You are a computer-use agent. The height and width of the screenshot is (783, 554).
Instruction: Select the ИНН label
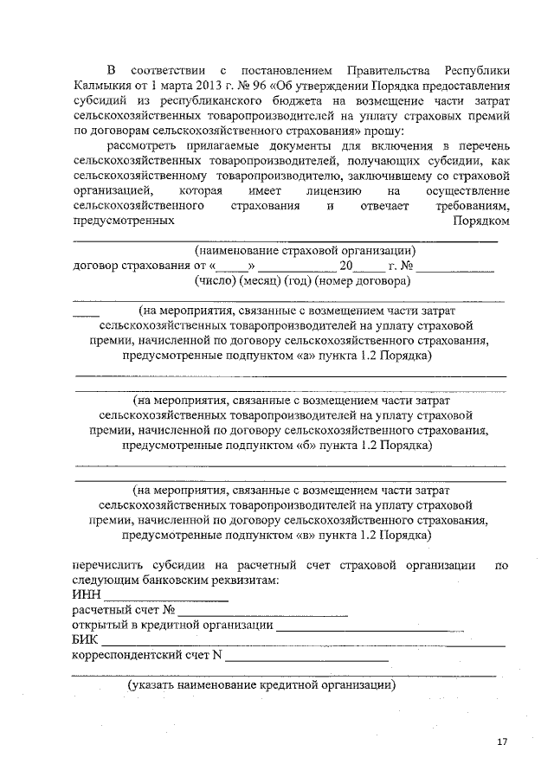(x=87, y=595)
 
